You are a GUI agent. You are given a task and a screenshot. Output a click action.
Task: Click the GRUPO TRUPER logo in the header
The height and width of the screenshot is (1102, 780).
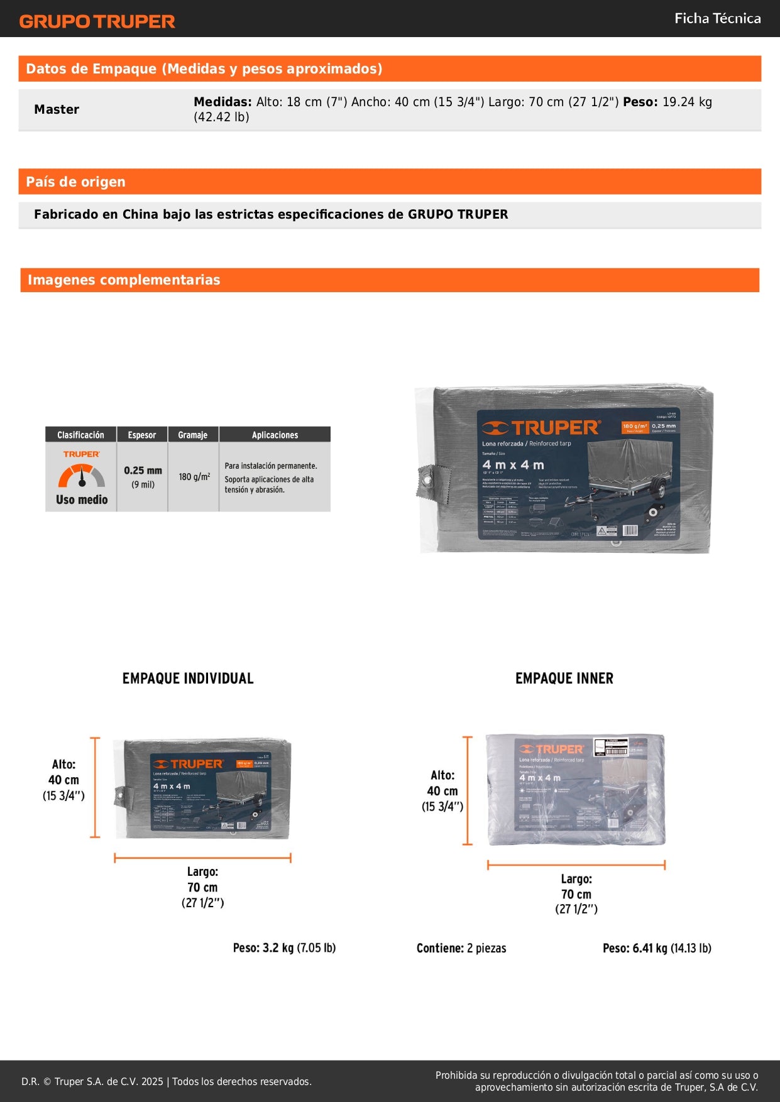97,21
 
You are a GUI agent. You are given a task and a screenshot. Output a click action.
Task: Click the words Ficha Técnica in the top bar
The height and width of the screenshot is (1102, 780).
717,18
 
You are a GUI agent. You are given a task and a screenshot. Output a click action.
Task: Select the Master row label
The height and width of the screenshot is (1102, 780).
57,109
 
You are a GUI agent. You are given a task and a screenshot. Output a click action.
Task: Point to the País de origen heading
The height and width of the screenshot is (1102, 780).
75,182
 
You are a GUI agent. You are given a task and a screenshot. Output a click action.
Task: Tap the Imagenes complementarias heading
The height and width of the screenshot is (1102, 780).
124,280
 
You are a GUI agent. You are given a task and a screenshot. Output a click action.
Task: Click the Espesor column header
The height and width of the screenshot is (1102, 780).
142,435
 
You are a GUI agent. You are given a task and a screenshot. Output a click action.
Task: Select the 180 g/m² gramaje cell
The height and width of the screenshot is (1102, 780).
194,477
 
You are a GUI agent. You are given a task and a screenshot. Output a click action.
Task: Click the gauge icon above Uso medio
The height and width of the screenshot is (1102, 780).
82,476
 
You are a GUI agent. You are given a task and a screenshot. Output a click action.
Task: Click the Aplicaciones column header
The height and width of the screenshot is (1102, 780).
275,435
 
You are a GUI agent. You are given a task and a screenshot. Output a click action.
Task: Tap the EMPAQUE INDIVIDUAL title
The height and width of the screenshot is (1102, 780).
188,679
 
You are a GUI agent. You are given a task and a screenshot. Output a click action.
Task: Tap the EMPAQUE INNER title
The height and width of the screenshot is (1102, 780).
564,679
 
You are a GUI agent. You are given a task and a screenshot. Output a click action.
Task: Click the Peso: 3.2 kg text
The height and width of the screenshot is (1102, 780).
284,947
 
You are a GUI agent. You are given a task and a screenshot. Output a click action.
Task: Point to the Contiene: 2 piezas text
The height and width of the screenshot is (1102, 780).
461,948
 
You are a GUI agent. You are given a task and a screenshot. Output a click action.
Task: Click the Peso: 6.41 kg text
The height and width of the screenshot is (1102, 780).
657,948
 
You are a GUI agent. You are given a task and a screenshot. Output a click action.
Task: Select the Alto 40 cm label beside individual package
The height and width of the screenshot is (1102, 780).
63,780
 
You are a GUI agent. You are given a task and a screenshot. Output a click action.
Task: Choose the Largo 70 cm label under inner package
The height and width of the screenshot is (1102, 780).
576,893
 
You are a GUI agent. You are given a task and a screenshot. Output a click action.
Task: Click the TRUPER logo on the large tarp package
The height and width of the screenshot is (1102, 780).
541,428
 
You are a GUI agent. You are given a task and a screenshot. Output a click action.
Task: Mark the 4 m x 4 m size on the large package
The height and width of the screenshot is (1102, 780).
513,465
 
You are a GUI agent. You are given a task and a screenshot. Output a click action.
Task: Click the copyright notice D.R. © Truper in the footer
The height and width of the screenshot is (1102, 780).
166,1081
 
